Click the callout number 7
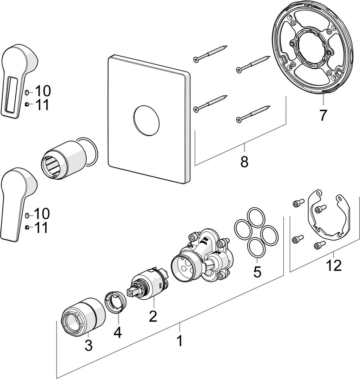(323, 115)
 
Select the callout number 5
(257, 272)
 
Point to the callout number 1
(179, 341)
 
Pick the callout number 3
(88, 345)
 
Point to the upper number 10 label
(43, 91)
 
